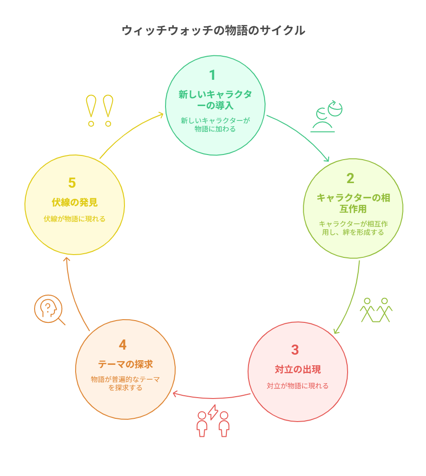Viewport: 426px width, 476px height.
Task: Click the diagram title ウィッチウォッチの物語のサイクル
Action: pyautogui.click(x=213, y=30)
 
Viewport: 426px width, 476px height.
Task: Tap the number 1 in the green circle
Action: pyautogui.click(x=213, y=75)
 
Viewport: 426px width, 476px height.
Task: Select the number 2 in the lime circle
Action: pyautogui.click(x=350, y=178)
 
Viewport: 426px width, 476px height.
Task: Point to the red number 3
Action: pyautogui.click(x=295, y=350)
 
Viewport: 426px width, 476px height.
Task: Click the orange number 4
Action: pyautogui.click(x=123, y=345)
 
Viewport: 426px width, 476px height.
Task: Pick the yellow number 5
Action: pyautogui.click(x=72, y=183)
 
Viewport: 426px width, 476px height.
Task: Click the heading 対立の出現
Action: pyautogui.click(x=298, y=369)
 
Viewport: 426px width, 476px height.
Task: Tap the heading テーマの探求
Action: pyautogui.click(x=125, y=364)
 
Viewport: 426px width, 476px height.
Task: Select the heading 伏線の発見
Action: pyautogui.click(x=75, y=202)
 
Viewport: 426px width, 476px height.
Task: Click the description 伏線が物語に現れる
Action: pyautogui.click(x=75, y=219)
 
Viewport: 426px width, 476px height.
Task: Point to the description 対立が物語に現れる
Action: pyautogui.click(x=298, y=386)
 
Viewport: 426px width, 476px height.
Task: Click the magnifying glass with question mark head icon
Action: pyautogui.click(x=49, y=309)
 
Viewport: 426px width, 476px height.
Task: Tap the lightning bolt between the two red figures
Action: pyautogui.click(x=213, y=412)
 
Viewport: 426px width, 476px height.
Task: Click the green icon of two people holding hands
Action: pyautogui.click(x=376, y=310)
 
